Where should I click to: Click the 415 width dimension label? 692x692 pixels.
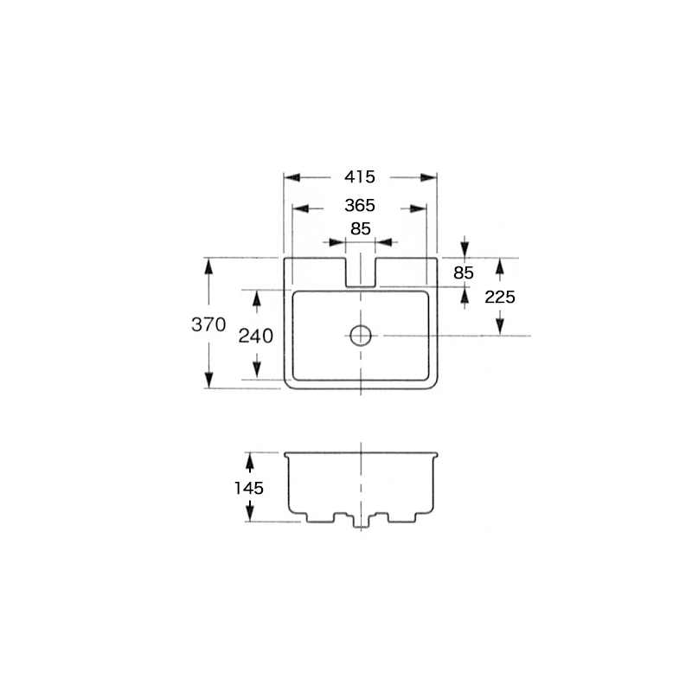click(x=360, y=177)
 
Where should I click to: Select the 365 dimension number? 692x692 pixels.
click(x=360, y=206)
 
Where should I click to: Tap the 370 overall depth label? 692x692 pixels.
click(x=208, y=325)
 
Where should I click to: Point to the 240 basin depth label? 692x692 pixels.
click(x=255, y=336)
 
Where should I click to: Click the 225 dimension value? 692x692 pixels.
click(x=500, y=298)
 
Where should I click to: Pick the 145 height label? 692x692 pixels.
click(x=248, y=488)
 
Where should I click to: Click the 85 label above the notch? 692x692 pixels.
click(x=361, y=229)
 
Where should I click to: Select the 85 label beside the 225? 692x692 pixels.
click(x=464, y=273)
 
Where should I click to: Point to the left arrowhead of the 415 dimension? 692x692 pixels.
click(x=292, y=177)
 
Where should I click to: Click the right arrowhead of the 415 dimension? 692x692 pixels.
click(x=428, y=177)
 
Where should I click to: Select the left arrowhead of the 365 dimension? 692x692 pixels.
click(x=301, y=208)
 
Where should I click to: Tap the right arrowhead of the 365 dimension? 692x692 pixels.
click(x=418, y=208)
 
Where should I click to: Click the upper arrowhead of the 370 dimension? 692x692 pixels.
click(x=208, y=266)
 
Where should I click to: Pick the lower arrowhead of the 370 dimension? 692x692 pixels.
click(x=208, y=380)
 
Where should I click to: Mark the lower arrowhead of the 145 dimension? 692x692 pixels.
click(x=250, y=514)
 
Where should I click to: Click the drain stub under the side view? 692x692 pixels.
click(x=361, y=521)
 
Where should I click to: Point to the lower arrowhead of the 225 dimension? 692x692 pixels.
click(x=500, y=327)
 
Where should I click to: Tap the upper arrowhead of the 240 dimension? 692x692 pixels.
click(x=256, y=298)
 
